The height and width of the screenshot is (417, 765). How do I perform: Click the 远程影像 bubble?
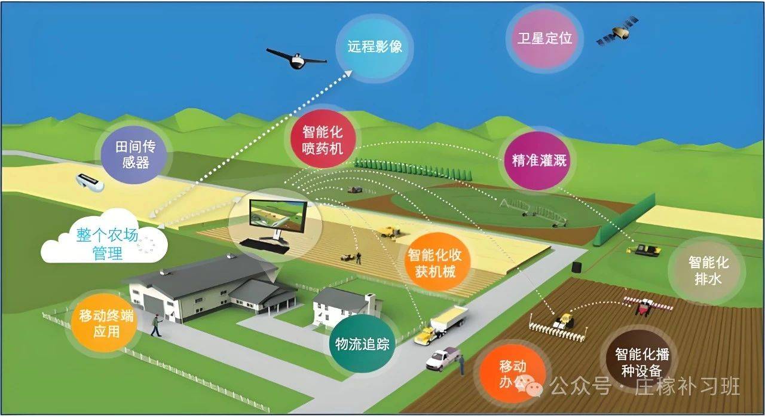(375, 48)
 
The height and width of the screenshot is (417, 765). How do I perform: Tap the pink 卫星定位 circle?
(544, 38)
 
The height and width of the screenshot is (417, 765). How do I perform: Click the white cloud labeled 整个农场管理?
(105, 238)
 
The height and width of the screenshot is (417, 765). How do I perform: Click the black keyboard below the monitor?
(265, 246)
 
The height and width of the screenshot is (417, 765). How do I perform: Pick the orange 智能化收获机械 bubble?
(434, 262)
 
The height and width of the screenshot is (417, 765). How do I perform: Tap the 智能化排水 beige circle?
(707, 270)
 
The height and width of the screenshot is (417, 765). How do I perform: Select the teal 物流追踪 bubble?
(362, 343)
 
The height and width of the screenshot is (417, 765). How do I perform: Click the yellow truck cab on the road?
(425, 336)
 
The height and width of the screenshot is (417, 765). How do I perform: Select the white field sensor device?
(90, 182)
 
